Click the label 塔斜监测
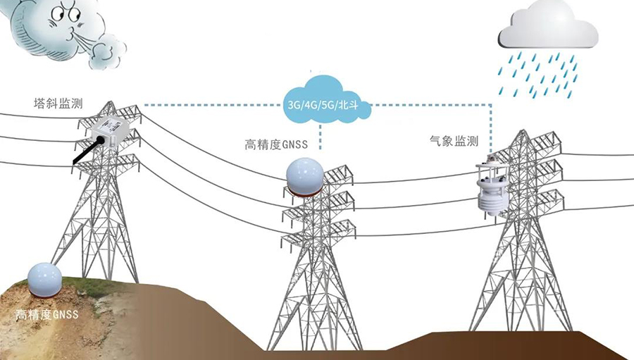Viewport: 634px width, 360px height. [x=58, y=103]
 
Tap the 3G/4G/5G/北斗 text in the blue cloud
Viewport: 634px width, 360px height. [x=323, y=106]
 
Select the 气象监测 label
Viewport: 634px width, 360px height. [x=454, y=141]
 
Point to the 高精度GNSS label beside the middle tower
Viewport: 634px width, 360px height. [x=276, y=144]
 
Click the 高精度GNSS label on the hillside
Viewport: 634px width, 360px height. [x=47, y=314]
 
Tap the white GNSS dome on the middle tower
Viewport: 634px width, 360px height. [x=305, y=175]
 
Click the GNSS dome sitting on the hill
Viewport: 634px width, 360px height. [x=44, y=280]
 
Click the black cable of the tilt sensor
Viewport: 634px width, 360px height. [x=87, y=150]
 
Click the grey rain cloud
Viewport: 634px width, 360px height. [x=548, y=25]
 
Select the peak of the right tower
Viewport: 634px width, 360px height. [x=524, y=130]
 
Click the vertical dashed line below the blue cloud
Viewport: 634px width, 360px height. [x=321, y=137]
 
